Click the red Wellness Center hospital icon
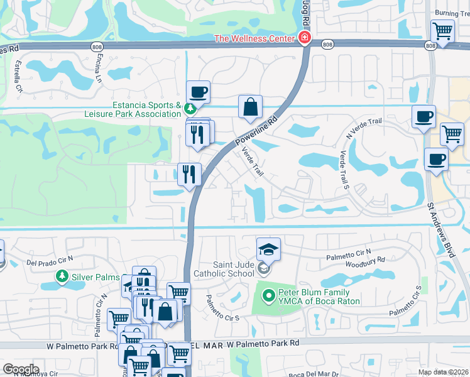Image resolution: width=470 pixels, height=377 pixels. (x=304, y=38)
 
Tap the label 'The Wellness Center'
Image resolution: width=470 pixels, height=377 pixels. (x=254, y=38)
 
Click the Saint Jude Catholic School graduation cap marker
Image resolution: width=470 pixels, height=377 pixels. (x=268, y=250)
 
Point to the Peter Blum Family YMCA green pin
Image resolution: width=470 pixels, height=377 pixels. (x=268, y=294)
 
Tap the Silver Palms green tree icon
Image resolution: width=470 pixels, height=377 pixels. (x=62, y=276)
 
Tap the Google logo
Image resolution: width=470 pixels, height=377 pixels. (x=21, y=369)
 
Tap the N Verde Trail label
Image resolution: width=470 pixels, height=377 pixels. (x=364, y=128)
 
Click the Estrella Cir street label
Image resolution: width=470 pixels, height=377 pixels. (x=18, y=76)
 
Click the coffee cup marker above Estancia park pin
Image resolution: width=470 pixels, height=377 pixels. (x=198, y=92)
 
